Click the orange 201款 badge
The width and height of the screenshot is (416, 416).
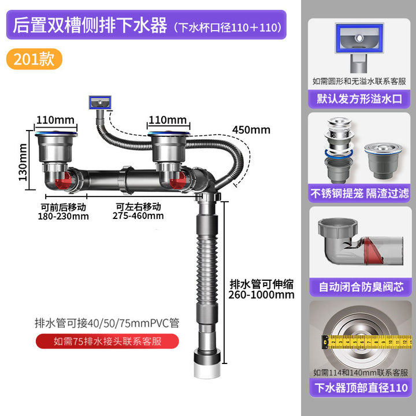(x=34, y=59)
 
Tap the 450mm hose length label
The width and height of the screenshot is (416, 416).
(x=251, y=130)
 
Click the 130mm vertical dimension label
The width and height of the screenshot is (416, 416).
(x=23, y=162)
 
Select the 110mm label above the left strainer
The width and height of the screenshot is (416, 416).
(x=55, y=120)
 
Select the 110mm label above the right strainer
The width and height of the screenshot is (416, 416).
(x=168, y=120)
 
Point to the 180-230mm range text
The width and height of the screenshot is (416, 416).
(x=64, y=216)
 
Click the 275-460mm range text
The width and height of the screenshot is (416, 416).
(x=138, y=216)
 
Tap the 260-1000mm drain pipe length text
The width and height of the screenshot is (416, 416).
(x=262, y=295)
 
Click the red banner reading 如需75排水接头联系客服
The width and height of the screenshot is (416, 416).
(x=107, y=341)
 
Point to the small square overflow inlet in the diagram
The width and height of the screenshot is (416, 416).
(x=100, y=102)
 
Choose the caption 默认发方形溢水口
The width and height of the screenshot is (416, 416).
(x=359, y=99)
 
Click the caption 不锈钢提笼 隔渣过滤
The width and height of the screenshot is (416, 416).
(x=359, y=194)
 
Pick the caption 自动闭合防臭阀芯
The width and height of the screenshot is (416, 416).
(x=361, y=287)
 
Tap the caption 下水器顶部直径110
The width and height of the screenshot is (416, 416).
(x=361, y=388)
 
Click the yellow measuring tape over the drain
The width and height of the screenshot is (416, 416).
(x=366, y=341)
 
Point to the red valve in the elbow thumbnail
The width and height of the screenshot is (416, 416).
(x=373, y=251)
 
